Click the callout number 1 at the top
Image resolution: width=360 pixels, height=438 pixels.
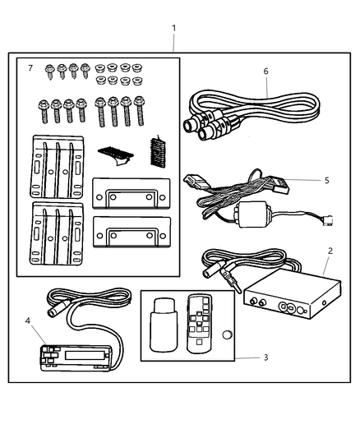pyautogui.click(x=173, y=28)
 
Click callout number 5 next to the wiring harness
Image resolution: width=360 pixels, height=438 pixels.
pyautogui.click(x=326, y=179)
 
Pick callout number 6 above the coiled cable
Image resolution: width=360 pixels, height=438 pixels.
pyautogui.click(x=265, y=71)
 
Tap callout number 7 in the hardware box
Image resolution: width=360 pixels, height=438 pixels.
pyautogui.click(x=30, y=67)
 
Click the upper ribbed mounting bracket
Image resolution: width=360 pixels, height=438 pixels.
pyautogui.click(x=58, y=164)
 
